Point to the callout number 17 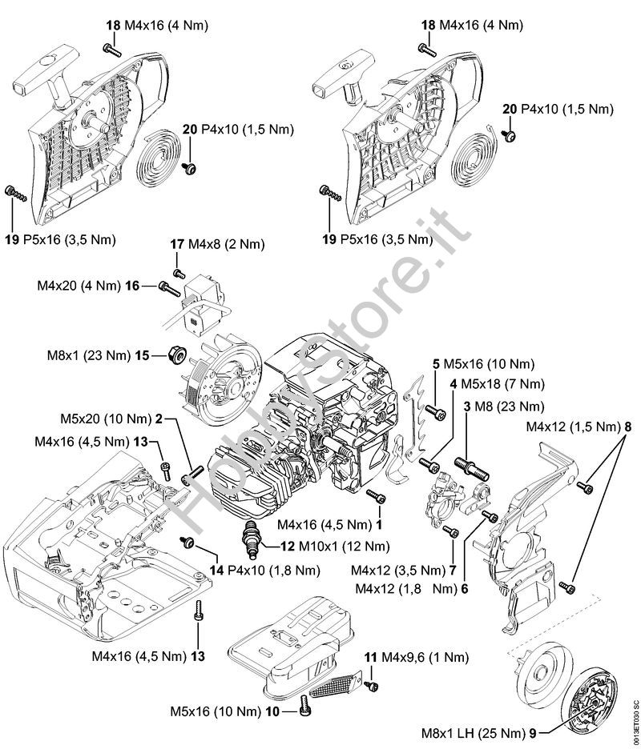pyautogui.click(x=177, y=244)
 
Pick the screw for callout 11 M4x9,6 pyautogui.click(x=373, y=685)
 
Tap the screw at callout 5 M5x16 pyautogui.click(x=437, y=412)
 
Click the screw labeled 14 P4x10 pyautogui.click(x=191, y=544)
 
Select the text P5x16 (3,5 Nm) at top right pyautogui.click(x=386, y=238)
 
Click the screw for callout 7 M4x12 pyautogui.click(x=454, y=531)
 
